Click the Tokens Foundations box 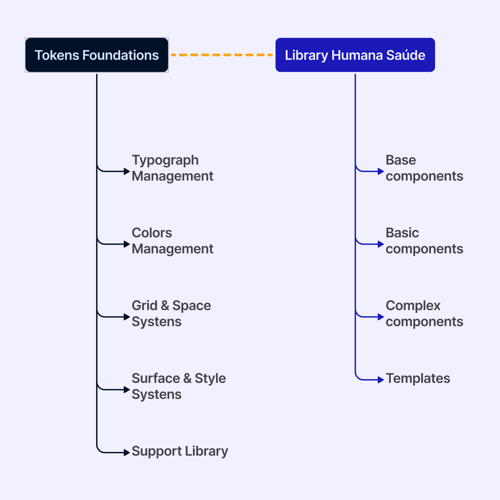tap(97, 55)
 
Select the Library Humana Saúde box tap(355, 55)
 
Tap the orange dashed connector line tap(222, 55)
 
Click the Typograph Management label tap(173, 168)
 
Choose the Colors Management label tap(173, 241)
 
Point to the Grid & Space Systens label tap(171, 313)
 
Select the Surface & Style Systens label tap(179, 386)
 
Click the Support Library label tap(180, 451)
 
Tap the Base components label tap(424, 168)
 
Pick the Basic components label tap(424, 241)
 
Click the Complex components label tap(424, 313)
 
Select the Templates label tap(418, 378)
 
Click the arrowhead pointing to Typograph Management tap(127, 171)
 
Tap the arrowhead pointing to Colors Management tap(127, 244)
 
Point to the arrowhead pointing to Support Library tap(127, 453)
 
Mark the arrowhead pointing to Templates tap(381, 380)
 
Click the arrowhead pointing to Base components tap(381, 171)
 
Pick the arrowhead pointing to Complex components tap(381, 317)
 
